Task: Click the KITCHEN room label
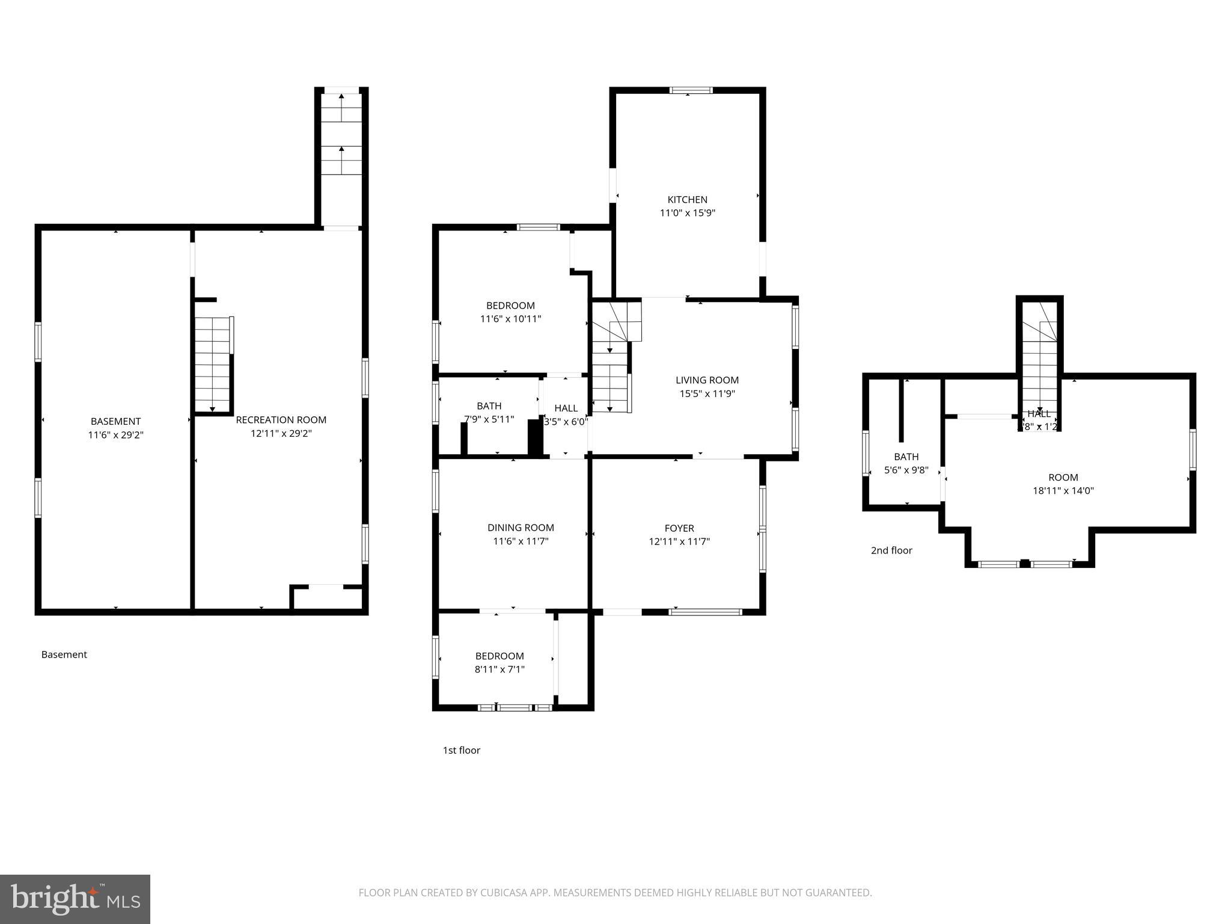(687, 200)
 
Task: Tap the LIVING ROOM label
(707, 380)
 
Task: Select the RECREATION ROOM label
(281, 420)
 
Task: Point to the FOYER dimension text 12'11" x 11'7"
(679, 541)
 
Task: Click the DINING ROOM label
(521, 528)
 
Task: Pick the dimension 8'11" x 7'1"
(499, 669)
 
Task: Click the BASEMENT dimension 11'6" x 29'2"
(115, 435)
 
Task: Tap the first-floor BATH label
(489, 406)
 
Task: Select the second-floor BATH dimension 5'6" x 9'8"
(906, 470)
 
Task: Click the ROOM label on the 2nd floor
(1063, 478)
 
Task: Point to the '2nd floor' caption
(891, 550)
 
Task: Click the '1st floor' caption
(461, 750)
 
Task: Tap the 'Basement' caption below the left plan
(64, 654)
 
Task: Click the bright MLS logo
(75, 899)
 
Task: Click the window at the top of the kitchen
(691, 91)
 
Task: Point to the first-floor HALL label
(566, 408)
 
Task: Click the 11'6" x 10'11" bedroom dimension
(510, 319)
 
